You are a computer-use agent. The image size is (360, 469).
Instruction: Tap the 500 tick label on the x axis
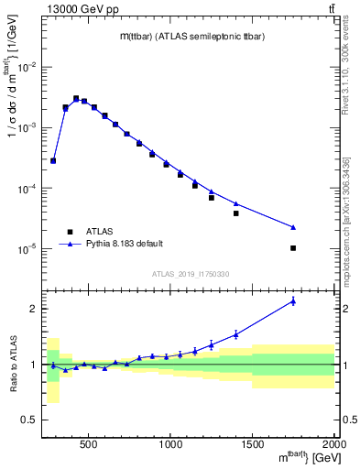[89, 444]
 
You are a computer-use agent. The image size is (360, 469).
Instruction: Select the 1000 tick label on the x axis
[171, 444]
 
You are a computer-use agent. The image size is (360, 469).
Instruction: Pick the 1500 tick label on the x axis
[253, 444]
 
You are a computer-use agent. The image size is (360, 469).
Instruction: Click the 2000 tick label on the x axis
[334, 444]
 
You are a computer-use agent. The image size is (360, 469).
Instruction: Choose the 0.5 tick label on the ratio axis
[29, 420]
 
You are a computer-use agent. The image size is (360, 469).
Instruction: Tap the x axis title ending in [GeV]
[294, 457]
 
